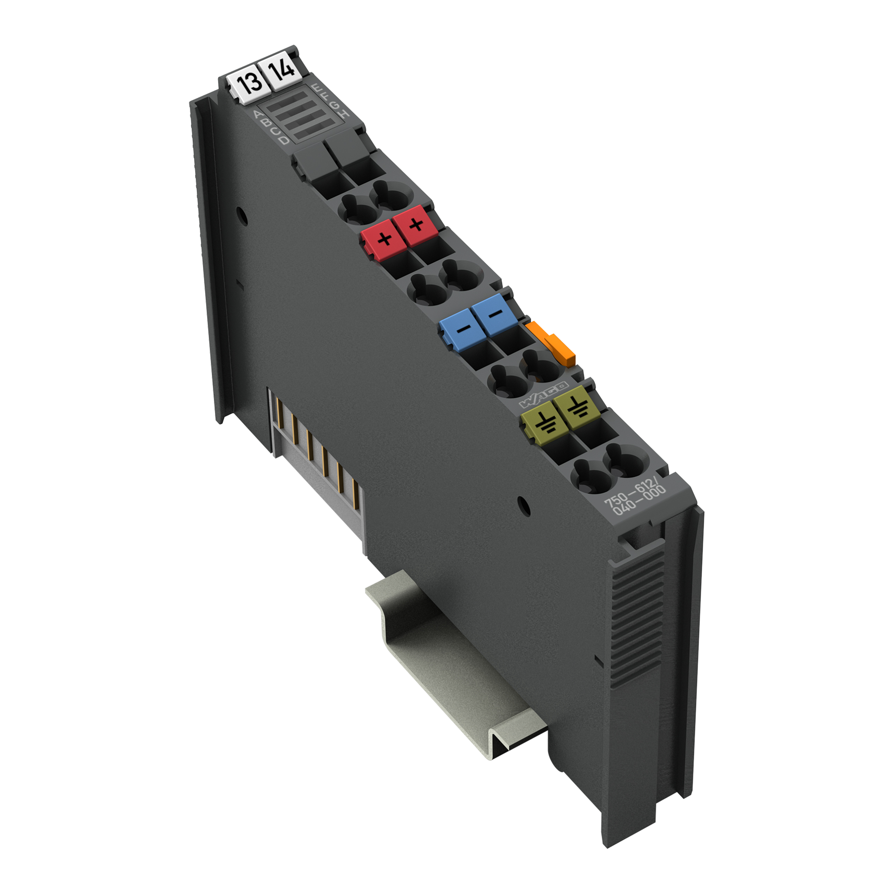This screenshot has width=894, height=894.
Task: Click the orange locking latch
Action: point(552,345)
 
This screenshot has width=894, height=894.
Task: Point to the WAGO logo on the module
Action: point(544,395)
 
